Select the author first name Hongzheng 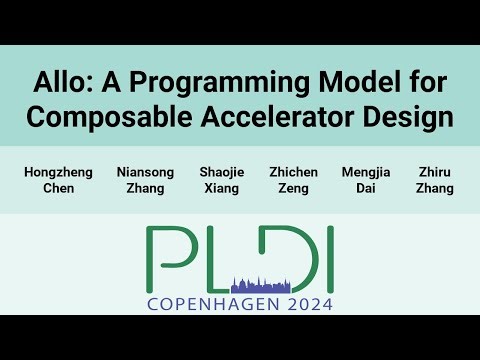pos(58,172)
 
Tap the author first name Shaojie pos(221,172)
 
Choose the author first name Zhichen pos(294,172)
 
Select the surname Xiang pos(221,189)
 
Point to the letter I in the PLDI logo pos(327,256)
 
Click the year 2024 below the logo pos(301,304)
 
